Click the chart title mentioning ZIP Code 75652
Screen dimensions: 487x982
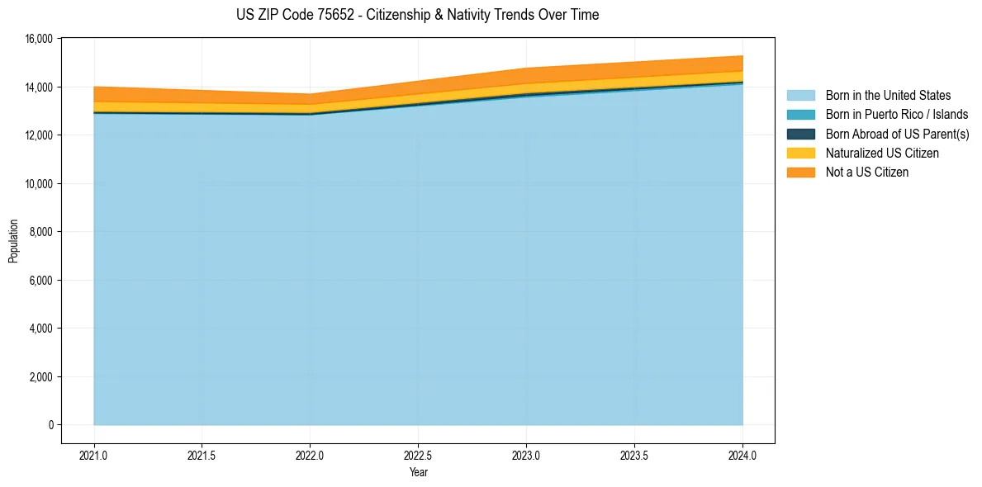[417, 15]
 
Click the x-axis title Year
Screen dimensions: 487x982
[418, 472]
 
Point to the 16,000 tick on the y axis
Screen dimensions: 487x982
[38, 39]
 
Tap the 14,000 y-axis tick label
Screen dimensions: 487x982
[38, 87]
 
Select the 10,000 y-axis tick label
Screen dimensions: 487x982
[38, 183]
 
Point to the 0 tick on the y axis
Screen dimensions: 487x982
[50, 425]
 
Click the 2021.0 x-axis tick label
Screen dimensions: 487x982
[94, 455]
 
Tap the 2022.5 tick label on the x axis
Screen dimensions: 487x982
[419, 455]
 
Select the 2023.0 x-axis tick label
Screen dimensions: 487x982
[527, 455]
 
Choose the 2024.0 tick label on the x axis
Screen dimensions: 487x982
[742, 455]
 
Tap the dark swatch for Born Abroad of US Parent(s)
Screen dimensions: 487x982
[800, 134]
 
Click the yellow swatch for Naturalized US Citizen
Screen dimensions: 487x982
[800, 154]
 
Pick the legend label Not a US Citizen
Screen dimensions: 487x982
[866, 173]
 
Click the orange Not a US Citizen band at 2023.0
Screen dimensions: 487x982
[527, 75]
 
